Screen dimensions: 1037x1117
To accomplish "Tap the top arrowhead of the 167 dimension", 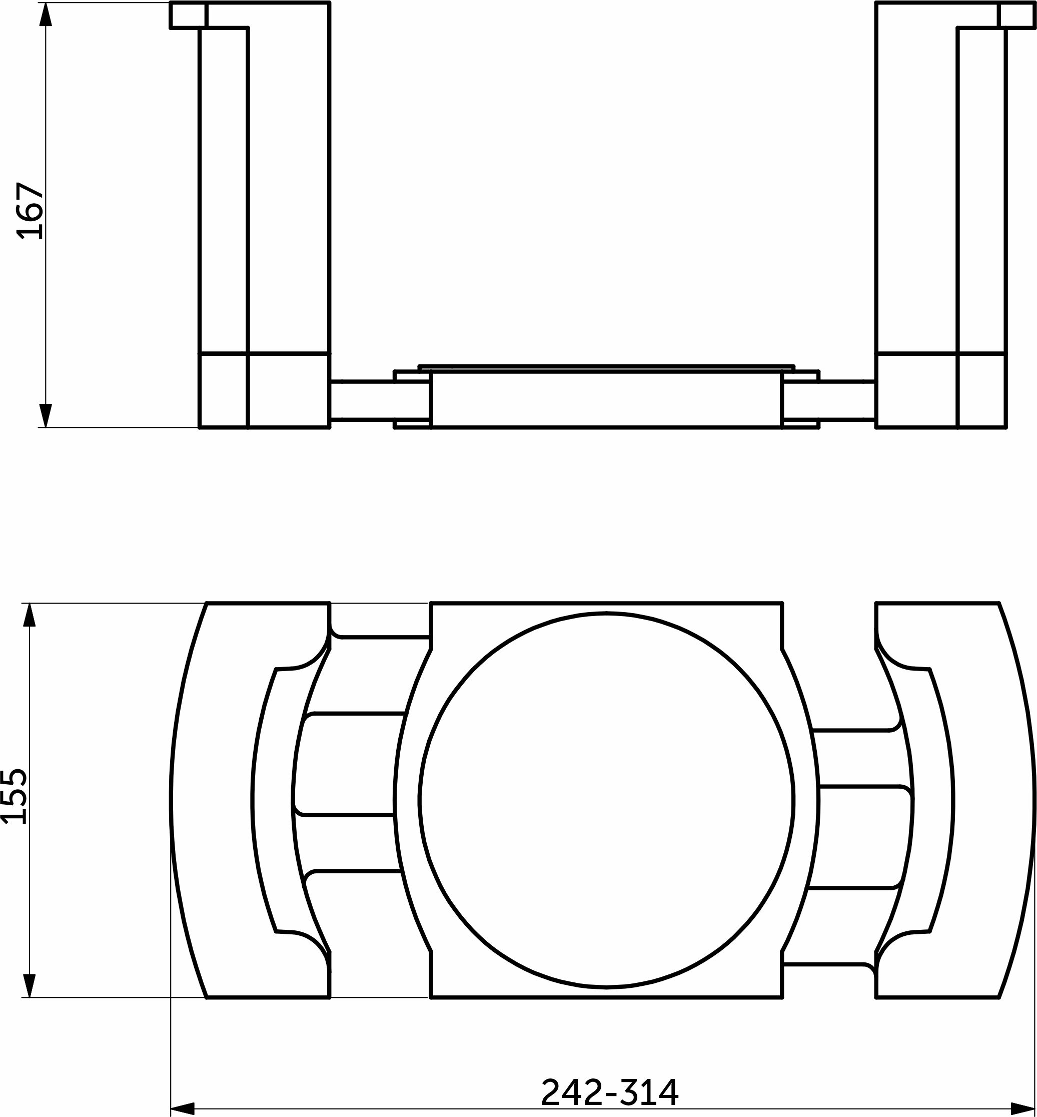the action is pos(46,15).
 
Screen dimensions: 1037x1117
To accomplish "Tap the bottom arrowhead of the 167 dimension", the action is pos(46,415).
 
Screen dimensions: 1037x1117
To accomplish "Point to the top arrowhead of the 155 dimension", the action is pos(30,615).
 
